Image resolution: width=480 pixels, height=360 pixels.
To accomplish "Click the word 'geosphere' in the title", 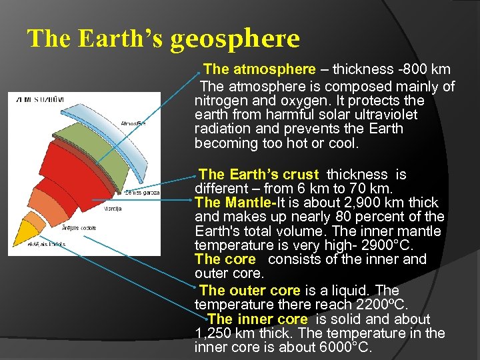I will (235, 39).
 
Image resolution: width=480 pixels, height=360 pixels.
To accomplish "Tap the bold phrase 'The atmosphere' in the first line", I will (259, 69).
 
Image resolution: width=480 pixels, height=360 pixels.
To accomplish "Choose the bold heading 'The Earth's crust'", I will (259, 175).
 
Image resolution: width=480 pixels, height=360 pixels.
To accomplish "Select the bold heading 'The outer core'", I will (249, 291).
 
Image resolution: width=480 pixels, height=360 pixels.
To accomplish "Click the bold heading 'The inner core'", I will (257, 319).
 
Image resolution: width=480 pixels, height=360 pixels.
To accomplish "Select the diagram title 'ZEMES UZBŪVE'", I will (41, 100).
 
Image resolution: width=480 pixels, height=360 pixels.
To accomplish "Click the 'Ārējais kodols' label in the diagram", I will (79, 228).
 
